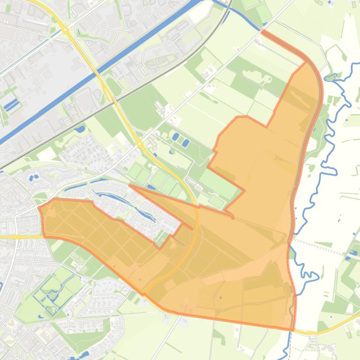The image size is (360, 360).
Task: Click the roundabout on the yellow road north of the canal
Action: (x=65, y=30)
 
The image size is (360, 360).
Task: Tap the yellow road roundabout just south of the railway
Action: (x=139, y=144)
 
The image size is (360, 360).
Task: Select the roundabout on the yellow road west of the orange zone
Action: (x=17, y=237)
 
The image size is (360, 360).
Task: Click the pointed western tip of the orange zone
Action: (x=39, y=206)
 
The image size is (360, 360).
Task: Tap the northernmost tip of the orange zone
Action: (x=262, y=32)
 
